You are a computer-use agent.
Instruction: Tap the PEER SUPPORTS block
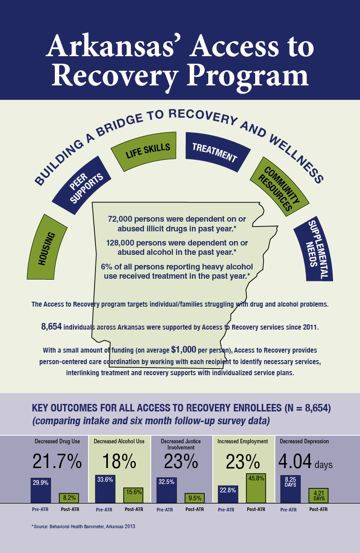(82, 185)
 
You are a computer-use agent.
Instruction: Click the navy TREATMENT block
(217, 152)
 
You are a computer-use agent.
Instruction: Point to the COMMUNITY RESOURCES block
(280, 186)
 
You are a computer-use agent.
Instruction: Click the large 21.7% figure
(57, 461)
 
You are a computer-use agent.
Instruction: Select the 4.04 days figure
(306, 461)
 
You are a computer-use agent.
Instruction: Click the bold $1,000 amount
(184, 349)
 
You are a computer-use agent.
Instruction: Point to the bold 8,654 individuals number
(51, 326)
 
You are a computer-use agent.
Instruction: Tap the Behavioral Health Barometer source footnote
(84, 526)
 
